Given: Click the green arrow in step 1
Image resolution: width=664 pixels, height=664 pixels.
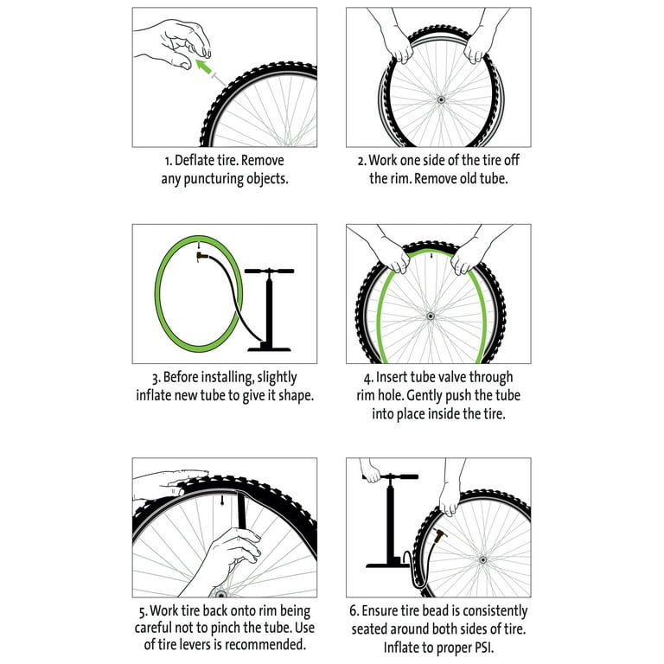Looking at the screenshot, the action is click(204, 67).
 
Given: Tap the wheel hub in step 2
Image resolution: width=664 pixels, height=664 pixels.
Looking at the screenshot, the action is click(441, 100).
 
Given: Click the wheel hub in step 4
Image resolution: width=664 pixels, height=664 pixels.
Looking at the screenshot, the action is click(431, 316).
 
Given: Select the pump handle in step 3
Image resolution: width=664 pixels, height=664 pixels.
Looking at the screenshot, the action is click(270, 271).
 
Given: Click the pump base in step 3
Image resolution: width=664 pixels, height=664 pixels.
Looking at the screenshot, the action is click(269, 348).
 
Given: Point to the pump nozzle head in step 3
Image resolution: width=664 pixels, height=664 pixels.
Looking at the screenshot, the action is click(202, 256).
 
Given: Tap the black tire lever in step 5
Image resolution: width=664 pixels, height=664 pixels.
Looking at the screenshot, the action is click(242, 510).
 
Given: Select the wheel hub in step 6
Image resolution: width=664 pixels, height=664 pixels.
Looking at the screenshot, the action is click(482, 560).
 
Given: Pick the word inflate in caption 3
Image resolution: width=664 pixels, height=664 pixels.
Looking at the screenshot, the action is click(151, 395).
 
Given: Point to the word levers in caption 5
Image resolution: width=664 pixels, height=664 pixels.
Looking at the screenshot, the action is click(203, 645).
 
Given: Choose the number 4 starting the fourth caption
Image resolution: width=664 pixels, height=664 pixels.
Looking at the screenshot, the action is click(367, 378).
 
